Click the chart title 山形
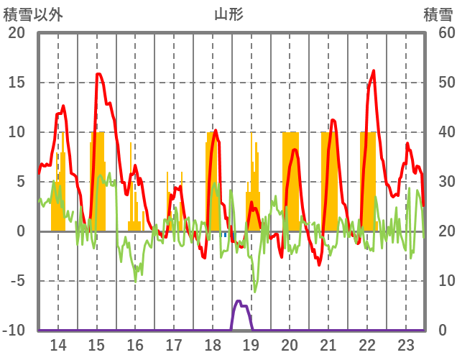229,14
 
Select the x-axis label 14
57,346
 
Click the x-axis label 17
174,346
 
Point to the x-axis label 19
251,346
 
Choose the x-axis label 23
405,346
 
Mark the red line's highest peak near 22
374,71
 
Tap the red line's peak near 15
98,75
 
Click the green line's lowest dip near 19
254,291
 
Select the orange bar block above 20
290,180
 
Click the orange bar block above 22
368,180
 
